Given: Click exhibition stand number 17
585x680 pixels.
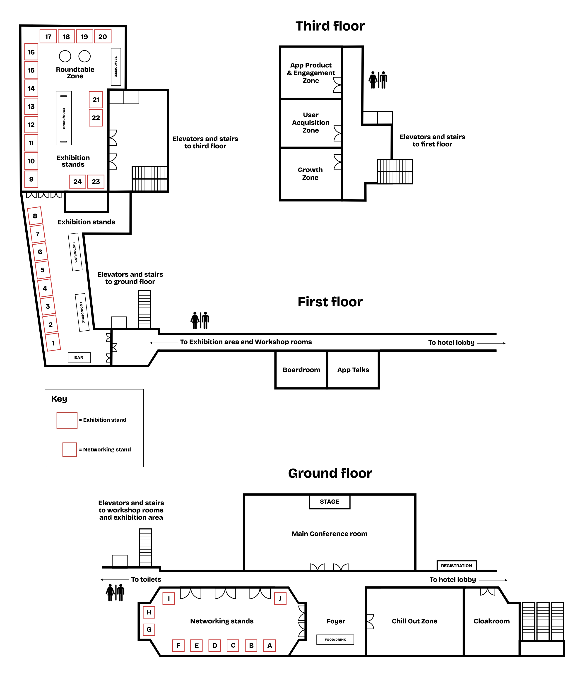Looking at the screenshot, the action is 48,36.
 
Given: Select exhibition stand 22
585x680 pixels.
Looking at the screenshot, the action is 96,118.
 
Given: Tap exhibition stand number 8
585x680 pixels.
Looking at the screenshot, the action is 35,216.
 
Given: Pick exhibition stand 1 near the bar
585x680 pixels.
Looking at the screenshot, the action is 53,342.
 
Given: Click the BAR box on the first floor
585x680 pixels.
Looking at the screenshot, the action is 79,357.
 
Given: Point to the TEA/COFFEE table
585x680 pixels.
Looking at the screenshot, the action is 116,67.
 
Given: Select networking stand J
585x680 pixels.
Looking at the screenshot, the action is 280,598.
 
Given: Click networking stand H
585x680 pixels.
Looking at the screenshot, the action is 149,612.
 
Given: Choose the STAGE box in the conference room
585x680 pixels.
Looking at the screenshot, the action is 330,502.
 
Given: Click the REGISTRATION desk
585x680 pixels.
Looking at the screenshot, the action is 457,565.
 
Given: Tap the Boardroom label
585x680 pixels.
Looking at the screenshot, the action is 301,370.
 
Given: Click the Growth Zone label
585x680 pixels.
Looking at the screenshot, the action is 310,174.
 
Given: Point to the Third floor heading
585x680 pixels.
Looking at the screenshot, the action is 330,26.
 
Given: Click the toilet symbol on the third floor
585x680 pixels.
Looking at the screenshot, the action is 378,80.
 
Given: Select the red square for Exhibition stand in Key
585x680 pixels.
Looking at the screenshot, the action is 67,420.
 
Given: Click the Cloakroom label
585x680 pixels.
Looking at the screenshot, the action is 491,621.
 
